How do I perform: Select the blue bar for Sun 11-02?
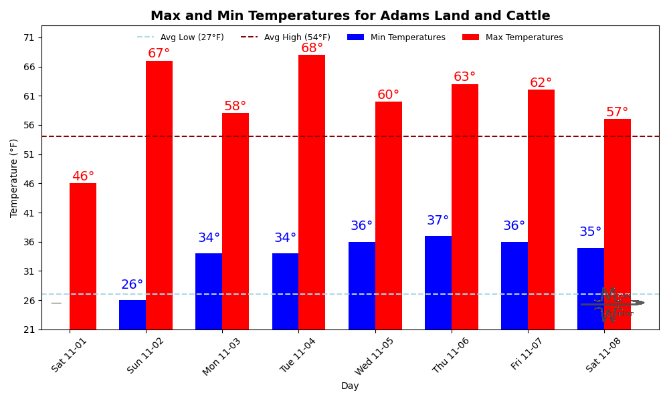pos(132,315)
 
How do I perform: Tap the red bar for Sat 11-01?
pos(83,257)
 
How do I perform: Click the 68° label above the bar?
pos(312,48)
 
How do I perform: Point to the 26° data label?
pos(132,285)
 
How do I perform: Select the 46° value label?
pos(83,176)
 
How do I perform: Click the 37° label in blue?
pos(438,221)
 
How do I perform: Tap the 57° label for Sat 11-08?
pos(617,112)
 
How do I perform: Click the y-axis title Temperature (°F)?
pos(15,178)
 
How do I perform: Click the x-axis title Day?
pos(350,386)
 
